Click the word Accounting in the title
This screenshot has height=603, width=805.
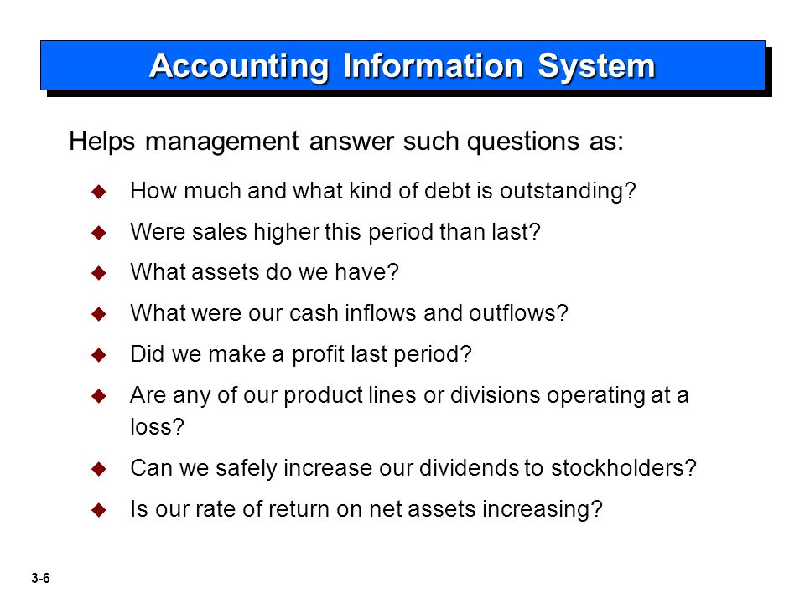pos(239,67)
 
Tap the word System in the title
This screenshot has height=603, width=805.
pos(596,67)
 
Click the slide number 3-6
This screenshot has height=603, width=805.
pos(40,579)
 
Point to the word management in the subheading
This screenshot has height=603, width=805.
pos(221,142)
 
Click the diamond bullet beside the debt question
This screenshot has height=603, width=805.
pos(99,192)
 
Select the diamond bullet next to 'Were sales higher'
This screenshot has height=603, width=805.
pos(99,233)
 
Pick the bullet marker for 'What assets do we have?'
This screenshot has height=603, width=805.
pos(99,273)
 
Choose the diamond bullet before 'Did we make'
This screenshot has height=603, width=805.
pos(99,355)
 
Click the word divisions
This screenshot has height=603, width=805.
pos(495,395)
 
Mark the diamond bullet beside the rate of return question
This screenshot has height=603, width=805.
pos(99,510)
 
